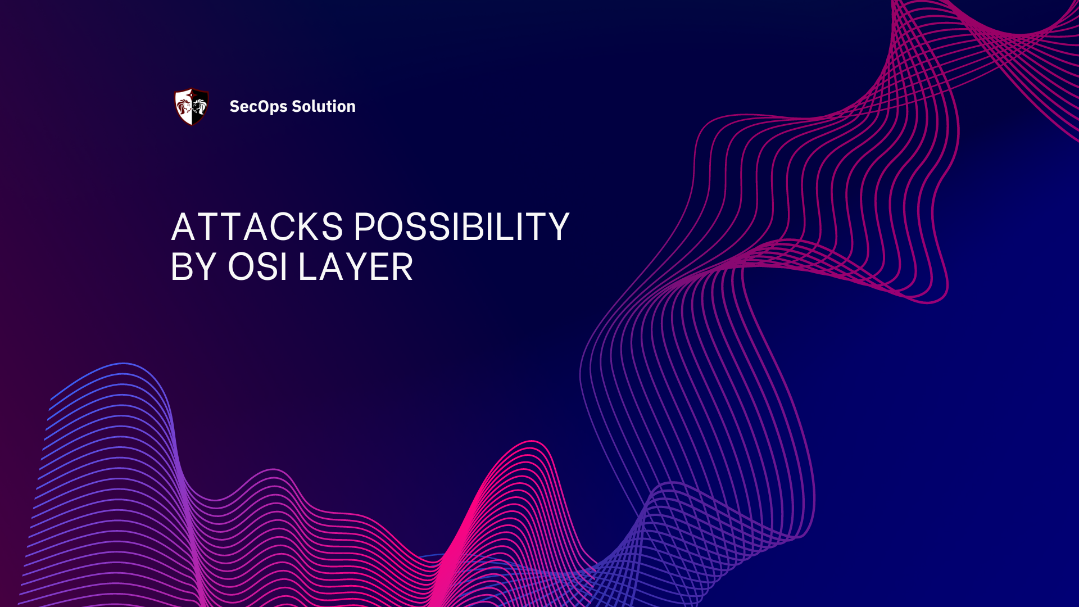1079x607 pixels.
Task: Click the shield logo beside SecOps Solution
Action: [x=192, y=106]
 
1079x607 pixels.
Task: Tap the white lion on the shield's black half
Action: [x=200, y=106]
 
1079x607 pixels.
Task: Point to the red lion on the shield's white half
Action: [x=183, y=106]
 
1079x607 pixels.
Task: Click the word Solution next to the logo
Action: [x=324, y=106]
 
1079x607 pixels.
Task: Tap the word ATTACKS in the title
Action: [x=257, y=227]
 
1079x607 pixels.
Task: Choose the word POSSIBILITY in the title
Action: [x=461, y=227]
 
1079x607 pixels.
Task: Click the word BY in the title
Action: [x=193, y=267]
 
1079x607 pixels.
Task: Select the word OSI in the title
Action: [x=258, y=267]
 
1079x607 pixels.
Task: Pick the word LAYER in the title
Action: [x=356, y=267]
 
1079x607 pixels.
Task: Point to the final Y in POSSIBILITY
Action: [x=557, y=227]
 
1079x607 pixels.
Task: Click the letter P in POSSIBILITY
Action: [x=366, y=227]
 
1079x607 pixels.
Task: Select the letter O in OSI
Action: [x=242, y=267]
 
